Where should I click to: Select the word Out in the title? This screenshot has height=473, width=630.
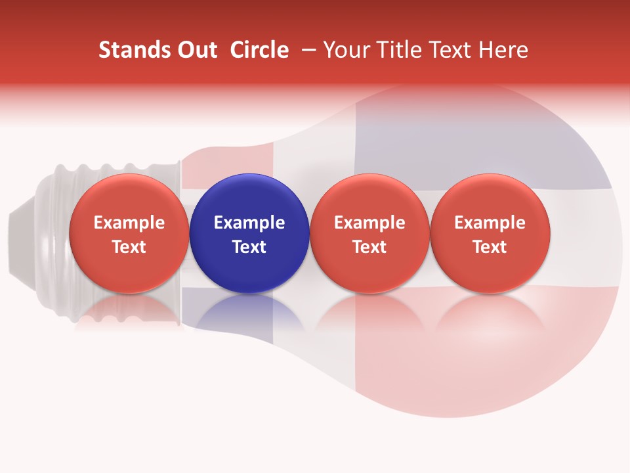pos(196,50)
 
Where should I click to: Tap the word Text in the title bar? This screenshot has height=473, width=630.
pos(452,50)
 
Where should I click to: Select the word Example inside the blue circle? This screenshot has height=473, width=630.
pos(249,223)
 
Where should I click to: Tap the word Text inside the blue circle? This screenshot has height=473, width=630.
pos(249,247)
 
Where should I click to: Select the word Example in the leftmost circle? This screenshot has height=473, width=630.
pos(129,223)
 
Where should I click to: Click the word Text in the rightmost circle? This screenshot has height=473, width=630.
pos(490,247)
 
